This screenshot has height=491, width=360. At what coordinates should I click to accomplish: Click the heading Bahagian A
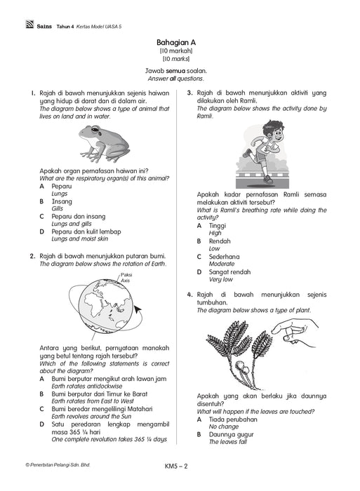click(x=176, y=42)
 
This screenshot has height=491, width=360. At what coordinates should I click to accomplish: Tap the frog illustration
click(x=104, y=144)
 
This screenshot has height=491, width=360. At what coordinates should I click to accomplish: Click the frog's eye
click(x=94, y=128)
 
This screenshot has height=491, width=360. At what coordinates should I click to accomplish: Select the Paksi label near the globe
click(x=126, y=275)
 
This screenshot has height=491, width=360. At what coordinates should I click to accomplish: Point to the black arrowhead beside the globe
click(x=138, y=309)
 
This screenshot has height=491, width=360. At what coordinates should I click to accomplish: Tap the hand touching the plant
click(x=294, y=332)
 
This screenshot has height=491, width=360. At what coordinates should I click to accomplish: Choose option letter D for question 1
click(x=41, y=231)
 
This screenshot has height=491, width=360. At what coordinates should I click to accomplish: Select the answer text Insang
click(x=62, y=201)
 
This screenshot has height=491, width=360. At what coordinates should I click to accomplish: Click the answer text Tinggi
click(x=218, y=226)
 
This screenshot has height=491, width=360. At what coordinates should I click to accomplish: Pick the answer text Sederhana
click(x=224, y=257)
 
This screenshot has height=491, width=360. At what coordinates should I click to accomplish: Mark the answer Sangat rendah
click(x=229, y=272)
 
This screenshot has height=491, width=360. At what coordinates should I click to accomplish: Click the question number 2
click(x=32, y=257)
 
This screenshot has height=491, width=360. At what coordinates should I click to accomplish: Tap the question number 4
click(x=189, y=295)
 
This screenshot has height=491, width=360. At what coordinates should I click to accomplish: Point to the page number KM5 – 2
click(x=176, y=466)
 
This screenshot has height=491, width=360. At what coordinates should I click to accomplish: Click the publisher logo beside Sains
click(x=29, y=24)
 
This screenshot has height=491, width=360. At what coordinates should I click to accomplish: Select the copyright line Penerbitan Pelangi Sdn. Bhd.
click(x=58, y=465)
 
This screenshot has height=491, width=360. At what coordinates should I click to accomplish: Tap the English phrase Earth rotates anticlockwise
click(x=87, y=386)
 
